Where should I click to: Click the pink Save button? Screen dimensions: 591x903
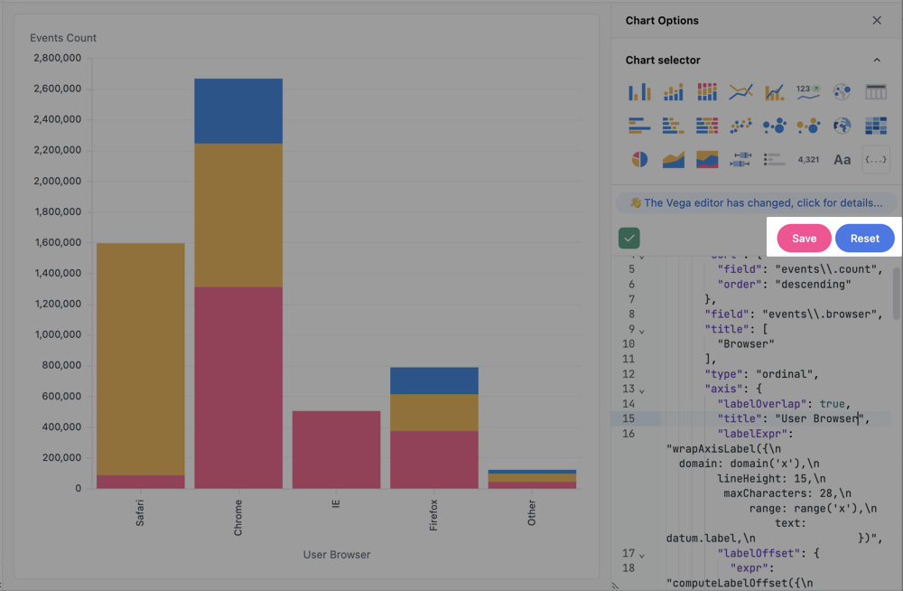[x=804, y=239]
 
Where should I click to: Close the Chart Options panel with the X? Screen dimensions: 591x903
[x=877, y=21]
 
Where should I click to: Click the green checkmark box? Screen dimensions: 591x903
[x=629, y=239]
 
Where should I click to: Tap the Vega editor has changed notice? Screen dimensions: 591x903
[x=756, y=203]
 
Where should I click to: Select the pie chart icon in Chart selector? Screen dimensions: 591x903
[x=639, y=160]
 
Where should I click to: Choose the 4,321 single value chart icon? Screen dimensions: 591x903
[x=808, y=160]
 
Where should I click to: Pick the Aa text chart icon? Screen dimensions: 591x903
[x=842, y=160]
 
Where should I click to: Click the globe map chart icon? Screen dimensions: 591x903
[x=842, y=126]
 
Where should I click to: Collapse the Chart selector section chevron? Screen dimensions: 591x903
[x=877, y=61]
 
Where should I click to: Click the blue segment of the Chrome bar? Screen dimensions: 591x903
[x=238, y=110]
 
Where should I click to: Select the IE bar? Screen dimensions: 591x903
[x=336, y=449]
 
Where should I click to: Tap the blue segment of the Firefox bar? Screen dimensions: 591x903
[x=433, y=380]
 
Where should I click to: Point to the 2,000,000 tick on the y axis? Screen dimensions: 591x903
[x=57, y=181]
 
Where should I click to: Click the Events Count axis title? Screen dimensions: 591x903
[x=63, y=38]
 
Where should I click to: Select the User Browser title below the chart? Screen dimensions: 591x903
[x=336, y=555]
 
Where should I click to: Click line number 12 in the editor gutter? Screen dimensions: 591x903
[x=629, y=374]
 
